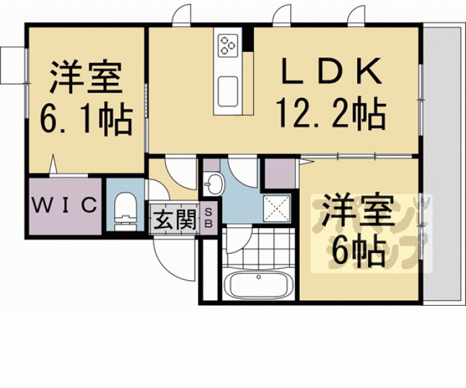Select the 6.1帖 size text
pos(85,120)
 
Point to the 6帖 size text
pos(357,251)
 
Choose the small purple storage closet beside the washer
pos(276,173)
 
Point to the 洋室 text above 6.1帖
pos(85,80)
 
